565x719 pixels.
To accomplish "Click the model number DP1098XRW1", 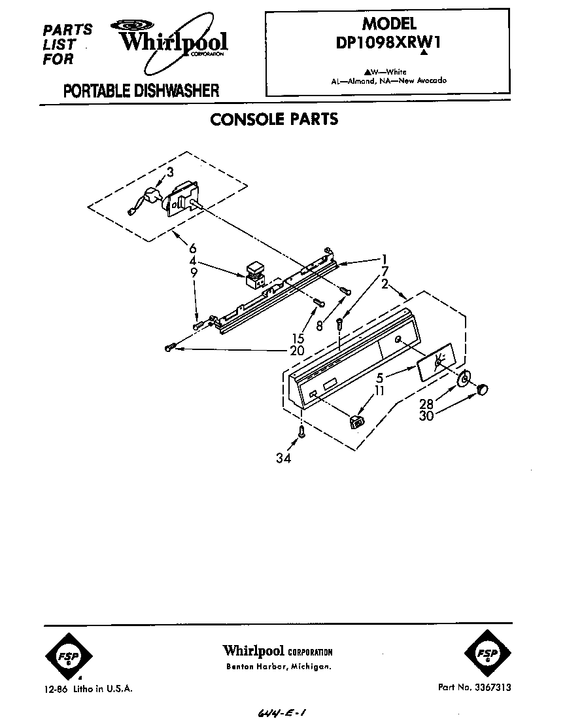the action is (388, 43).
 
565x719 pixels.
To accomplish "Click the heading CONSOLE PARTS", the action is (274, 119).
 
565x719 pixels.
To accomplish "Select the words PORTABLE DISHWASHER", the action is (141, 91).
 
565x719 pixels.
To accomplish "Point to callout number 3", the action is (170, 172).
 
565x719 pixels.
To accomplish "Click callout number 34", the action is (283, 458).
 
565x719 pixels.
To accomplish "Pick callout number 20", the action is (297, 351).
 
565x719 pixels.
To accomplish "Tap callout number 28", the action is (426, 404).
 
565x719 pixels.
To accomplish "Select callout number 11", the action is (379, 391).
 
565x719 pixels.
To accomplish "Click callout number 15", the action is (298, 339).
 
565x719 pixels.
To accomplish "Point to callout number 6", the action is (192, 249).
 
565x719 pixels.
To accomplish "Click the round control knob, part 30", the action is (482, 389).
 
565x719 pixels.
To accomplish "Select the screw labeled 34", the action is (301, 432).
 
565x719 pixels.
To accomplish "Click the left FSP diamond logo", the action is (69, 656).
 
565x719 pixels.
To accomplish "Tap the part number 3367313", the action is (494, 687).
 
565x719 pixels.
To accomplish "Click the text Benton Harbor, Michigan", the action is (279, 667).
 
